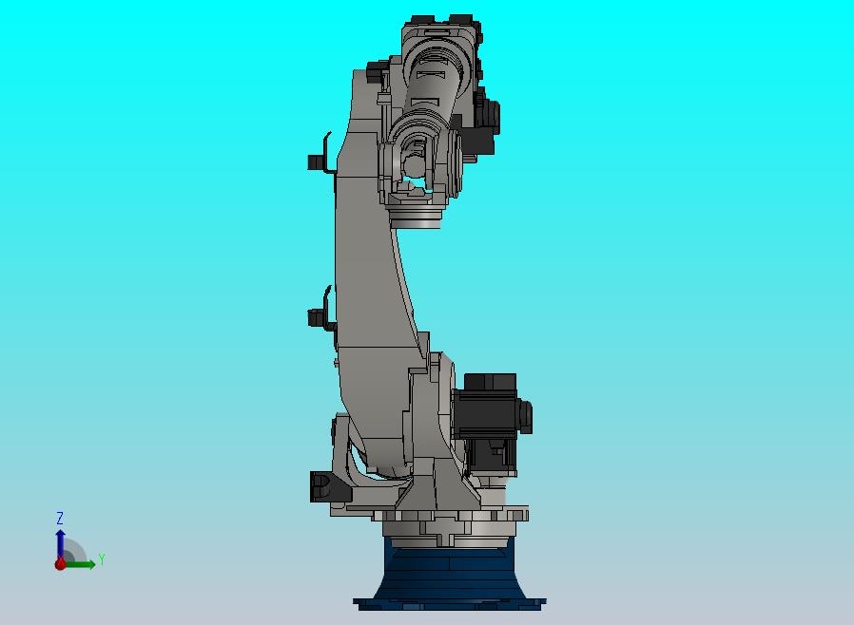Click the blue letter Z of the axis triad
point(60,518)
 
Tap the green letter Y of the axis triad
point(102,559)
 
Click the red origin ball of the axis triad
point(60,564)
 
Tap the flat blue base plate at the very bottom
point(449,604)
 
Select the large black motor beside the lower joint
point(490,422)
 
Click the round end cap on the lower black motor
point(526,416)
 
